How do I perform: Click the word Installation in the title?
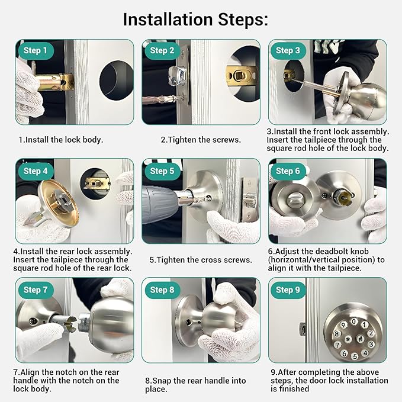[168, 19]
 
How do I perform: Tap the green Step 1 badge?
[36, 50]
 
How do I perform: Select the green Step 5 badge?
[162, 171]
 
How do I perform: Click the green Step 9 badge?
[288, 290]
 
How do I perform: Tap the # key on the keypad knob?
[360, 339]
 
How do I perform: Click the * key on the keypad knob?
[348, 339]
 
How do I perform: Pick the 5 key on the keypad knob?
[355, 356]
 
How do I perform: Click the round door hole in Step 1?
[117, 81]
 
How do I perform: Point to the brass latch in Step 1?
[54, 82]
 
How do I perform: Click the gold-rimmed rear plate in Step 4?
[59, 203]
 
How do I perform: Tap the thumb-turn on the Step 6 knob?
[295, 199]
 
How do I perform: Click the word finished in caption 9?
[294, 388]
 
